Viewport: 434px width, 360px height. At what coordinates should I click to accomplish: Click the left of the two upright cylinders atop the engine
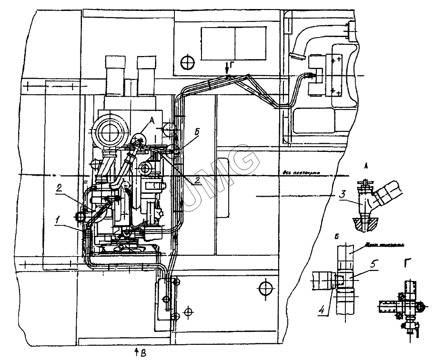click(114, 74)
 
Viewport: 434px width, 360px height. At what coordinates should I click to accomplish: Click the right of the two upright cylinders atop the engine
click(146, 74)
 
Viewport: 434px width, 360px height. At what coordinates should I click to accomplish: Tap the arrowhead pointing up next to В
click(137, 350)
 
